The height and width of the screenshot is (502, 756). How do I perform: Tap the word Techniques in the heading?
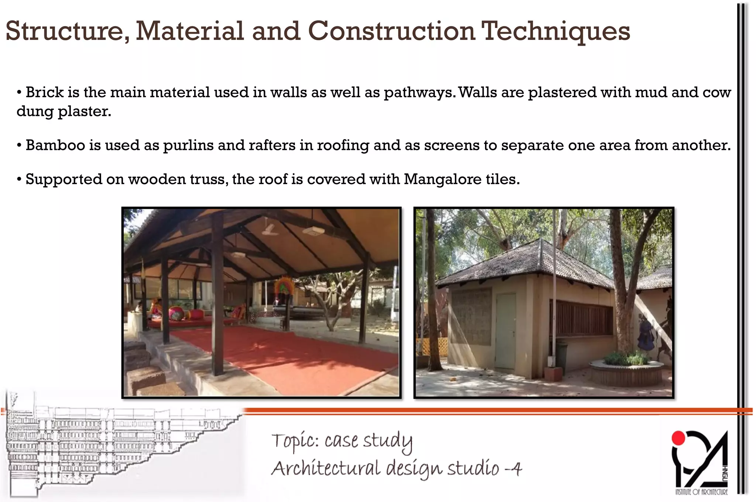pyautogui.click(x=556, y=31)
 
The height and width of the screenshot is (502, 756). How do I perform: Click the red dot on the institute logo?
pyautogui.click(x=678, y=438)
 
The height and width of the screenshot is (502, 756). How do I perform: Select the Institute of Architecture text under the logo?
pyautogui.click(x=701, y=492)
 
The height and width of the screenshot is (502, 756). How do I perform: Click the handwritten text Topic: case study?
pyautogui.click(x=341, y=441)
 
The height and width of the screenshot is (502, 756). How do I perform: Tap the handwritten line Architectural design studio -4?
pyautogui.click(x=396, y=469)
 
